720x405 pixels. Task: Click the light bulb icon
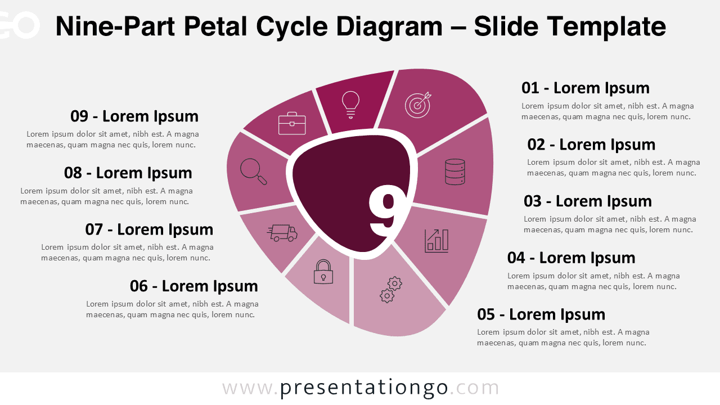pyautogui.click(x=350, y=104)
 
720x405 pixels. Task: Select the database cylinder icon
pyautogui.click(x=454, y=172)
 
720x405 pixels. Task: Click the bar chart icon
pyautogui.click(x=436, y=240)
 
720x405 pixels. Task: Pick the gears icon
pyautogui.click(x=391, y=289)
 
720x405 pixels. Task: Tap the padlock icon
pyautogui.click(x=323, y=272)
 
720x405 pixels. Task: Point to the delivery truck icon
pyautogui.click(x=282, y=233)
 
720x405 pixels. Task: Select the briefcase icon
pyautogui.click(x=292, y=123)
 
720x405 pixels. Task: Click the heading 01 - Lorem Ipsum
pyautogui.click(x=585, y=88)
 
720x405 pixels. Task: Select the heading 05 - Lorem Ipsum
pyautogui.click(x=541, y=314)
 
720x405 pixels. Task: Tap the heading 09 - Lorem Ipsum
pyautogui.click(x=134, y=116)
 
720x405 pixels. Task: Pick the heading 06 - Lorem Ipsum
pyautogui.click(x=193, y=286)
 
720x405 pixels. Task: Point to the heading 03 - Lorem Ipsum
pyautogui.click(x=587, y=201)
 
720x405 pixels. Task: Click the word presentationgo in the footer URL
pyautogui.click(x=364, y=388)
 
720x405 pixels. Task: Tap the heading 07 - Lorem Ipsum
pyautogui.click(x=149, y=229)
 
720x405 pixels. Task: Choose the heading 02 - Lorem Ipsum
pyautogui.click(x=591, y=144)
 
